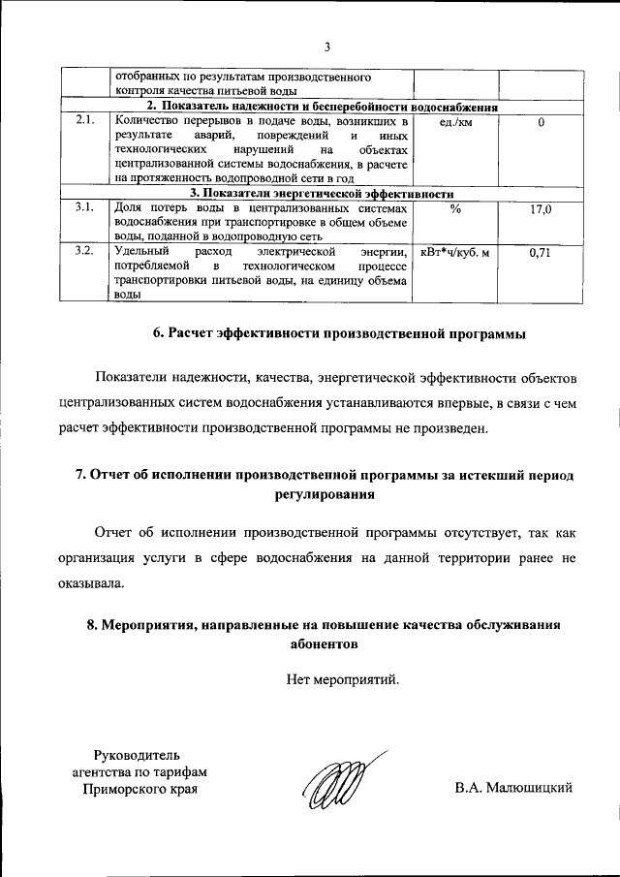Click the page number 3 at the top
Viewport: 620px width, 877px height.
327,47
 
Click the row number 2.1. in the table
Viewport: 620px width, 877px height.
83,121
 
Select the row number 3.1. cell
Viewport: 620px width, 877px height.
83,207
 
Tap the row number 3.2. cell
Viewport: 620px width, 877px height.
83,251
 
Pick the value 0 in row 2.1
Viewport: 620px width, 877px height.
541,122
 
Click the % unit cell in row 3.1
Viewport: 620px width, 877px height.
454,207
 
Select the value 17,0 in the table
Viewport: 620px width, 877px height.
541,207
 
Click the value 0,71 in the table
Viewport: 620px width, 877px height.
541,252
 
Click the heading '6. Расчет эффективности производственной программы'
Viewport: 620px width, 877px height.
339,333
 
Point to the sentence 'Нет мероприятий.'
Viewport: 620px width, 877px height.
342,680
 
